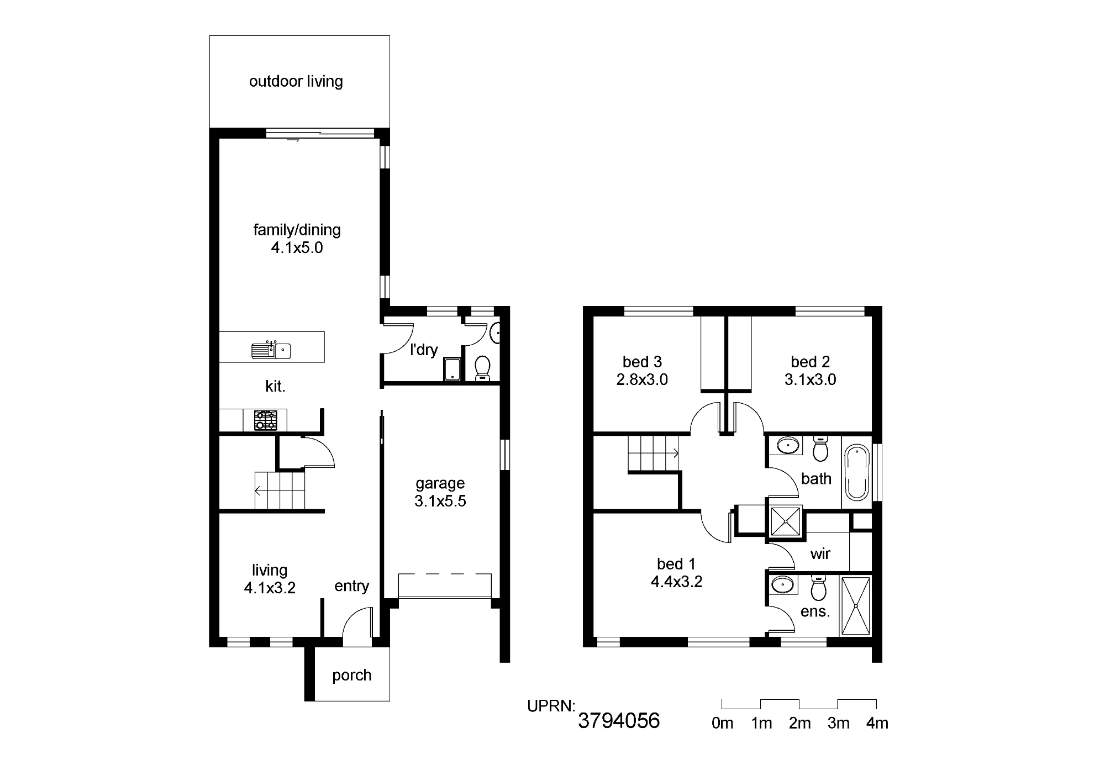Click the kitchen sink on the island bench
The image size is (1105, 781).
point(271,350)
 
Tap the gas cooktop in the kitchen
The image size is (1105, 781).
point(266,420)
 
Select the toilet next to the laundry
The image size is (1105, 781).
point(483,368)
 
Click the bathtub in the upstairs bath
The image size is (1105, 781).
point(857,473)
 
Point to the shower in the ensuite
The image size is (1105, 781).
point(855,606)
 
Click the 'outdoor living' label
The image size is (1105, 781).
point(296,81)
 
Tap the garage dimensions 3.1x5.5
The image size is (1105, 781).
point(440,501)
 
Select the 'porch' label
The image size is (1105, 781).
point(352,676)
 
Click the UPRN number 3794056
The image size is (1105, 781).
point(619,721)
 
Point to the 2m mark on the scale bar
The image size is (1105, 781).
point(799,723)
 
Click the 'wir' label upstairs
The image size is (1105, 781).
point(820,553)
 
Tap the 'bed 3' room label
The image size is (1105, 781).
point(642,362)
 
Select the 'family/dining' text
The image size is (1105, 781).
point(297,230)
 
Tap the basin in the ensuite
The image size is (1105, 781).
point(782,584)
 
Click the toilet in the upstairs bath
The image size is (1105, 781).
point(820,448)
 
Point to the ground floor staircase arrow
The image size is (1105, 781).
point(280,490)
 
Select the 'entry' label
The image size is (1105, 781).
point(352,586)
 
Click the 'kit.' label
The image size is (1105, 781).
point(275,386)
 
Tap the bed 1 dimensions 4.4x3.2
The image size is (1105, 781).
point(677,582)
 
